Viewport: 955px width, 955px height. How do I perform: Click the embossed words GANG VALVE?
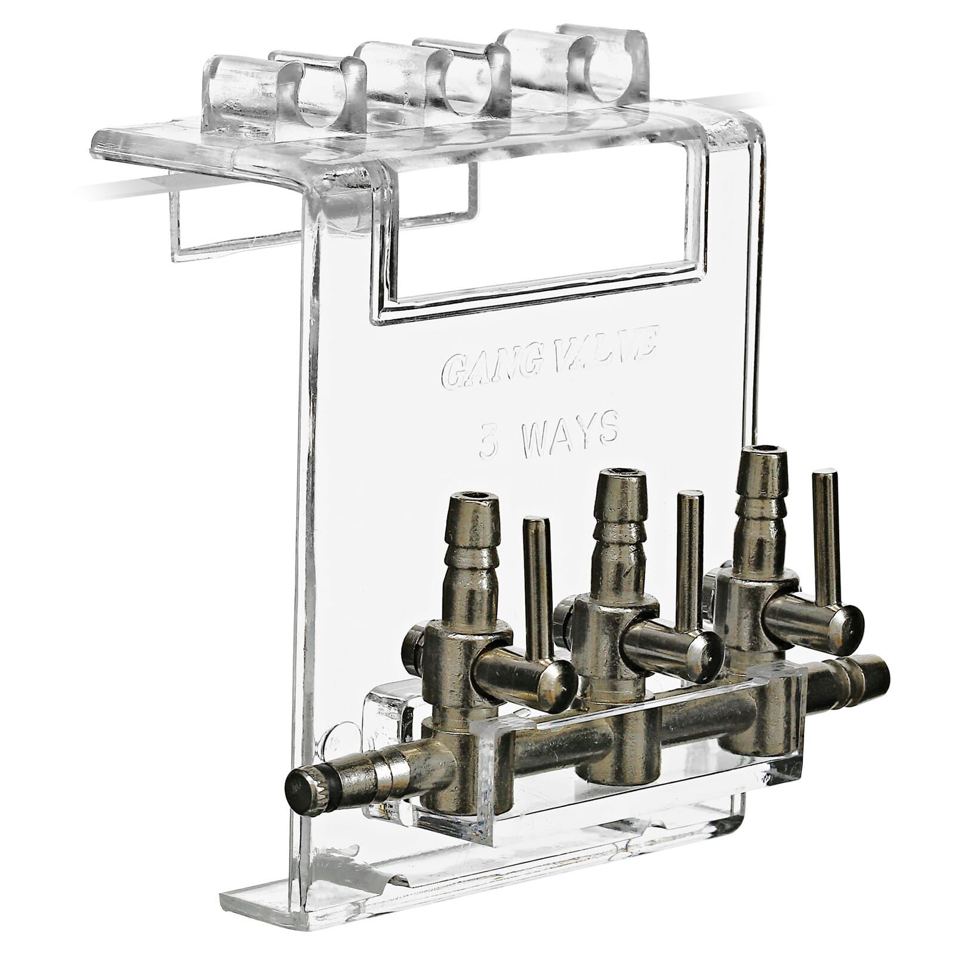pyautogui.click(x=549, y=360)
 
